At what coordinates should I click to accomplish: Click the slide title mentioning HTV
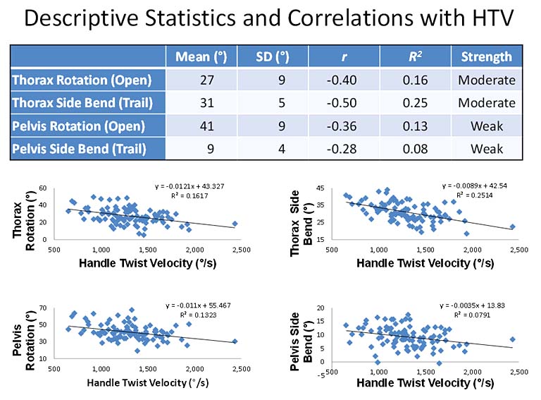pyautogui.click(x=270, y=20)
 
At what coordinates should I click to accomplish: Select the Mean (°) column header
pyautogui.click(x=200, y=57)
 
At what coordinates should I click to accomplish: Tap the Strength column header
pyautogui.click(x=487, y=57)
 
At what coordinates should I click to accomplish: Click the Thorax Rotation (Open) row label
pyautogui.click(x=88, y=80)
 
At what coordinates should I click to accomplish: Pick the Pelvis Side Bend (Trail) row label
pyautogui.click(x=88, y=149)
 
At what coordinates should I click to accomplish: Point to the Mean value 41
pyautogui.click(x=200, y=126)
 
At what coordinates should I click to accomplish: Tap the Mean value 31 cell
pyautogui.click(x=200, y=103)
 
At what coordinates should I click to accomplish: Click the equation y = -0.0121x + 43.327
pyautogui.click(x=189, y=186)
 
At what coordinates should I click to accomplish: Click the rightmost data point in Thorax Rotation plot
pyautogui.click(x=235, y=224)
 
